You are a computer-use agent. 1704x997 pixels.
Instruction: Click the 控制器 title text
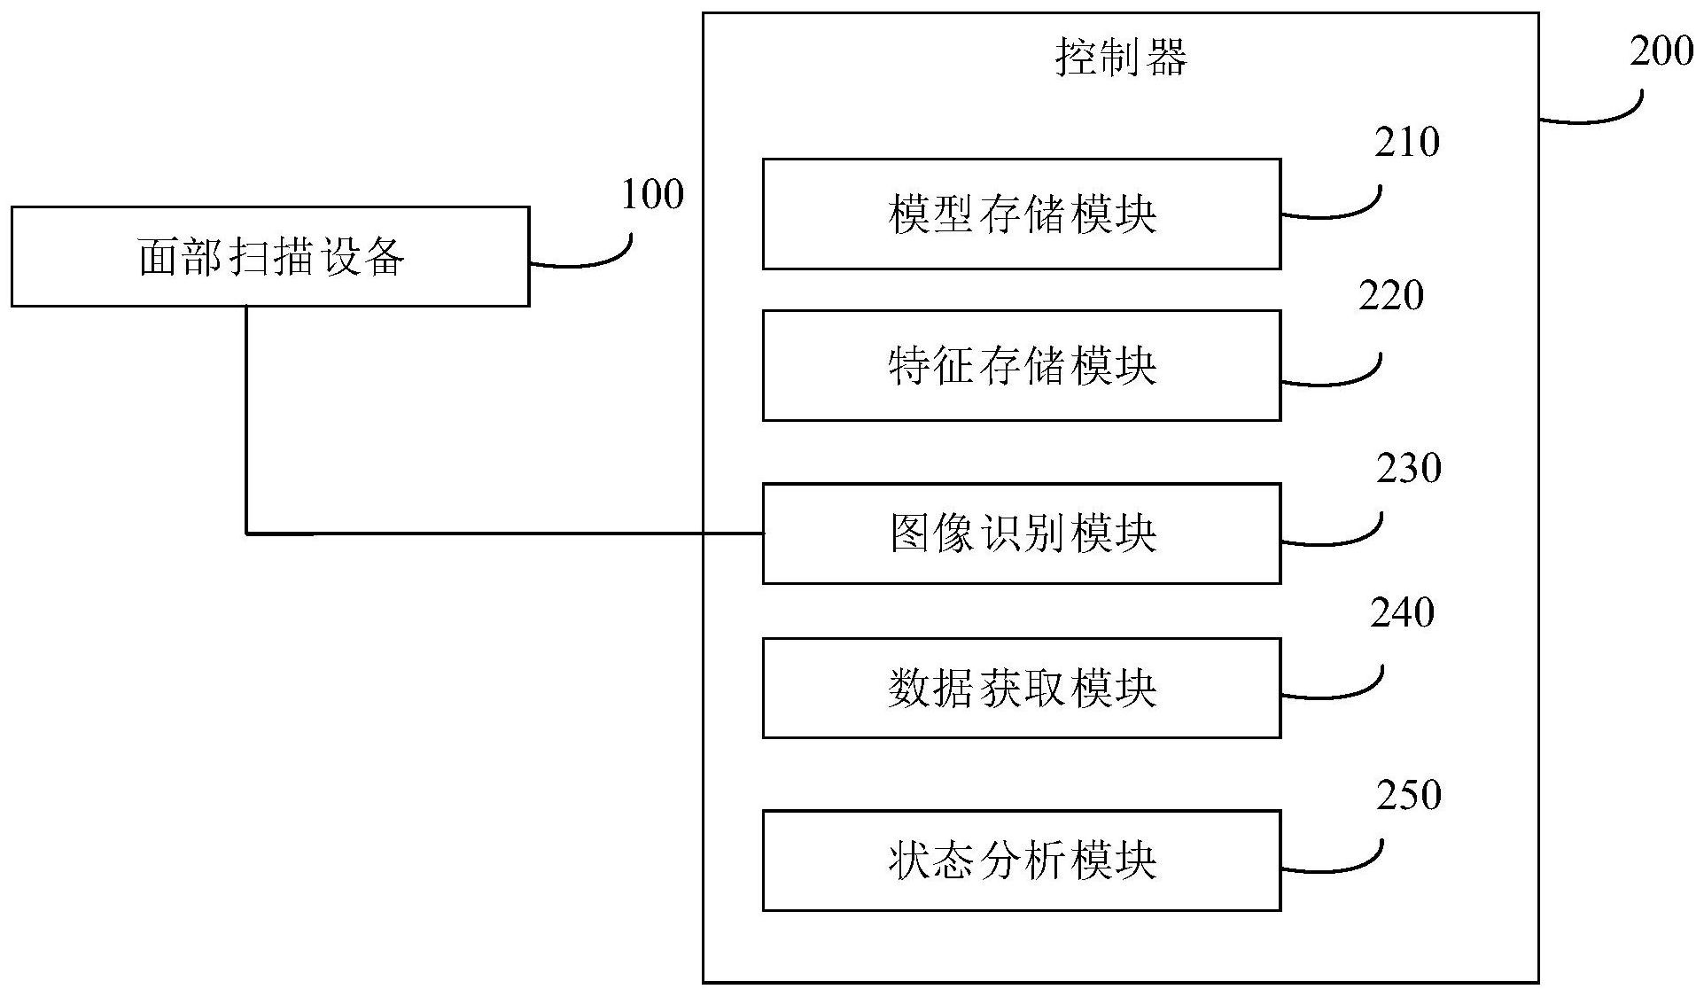coord(1121,58)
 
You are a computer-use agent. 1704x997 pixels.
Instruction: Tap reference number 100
coord(652,194)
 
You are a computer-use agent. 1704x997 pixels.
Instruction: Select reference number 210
coord(1407,142)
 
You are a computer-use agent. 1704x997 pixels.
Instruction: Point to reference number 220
coord(1391,295)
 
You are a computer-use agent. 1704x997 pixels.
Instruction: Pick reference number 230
coord(1409,468)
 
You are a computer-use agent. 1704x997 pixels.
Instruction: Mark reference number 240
coord(1402,612)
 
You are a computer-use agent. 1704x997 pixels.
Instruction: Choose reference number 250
coord(1409,794)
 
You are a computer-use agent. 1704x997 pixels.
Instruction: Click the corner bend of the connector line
coord(246,534)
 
